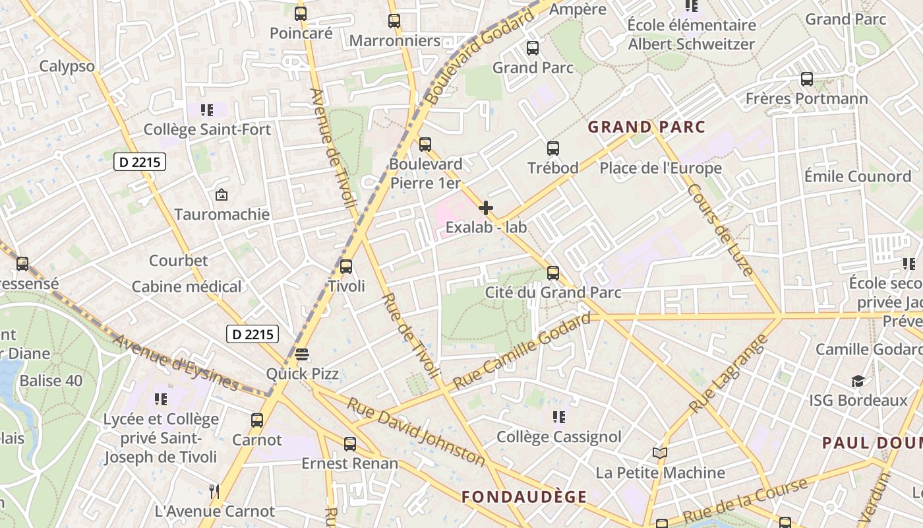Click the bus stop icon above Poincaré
click(301, 13)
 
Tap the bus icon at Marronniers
click(394, 21)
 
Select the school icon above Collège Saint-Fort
click(207, 110)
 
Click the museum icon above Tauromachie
click(222, 195)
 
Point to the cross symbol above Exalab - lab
click(486, 208)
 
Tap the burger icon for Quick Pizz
click(302, 354)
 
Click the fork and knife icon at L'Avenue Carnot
click(214, 492)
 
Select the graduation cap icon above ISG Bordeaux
click(858, 381)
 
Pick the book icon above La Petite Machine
click(660, 453)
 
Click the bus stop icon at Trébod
click(553, 148)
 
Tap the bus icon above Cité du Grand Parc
click(553, 273)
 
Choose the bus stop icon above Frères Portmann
click(806, 79)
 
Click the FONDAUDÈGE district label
click(523, 497)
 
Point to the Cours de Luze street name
click(720, 230)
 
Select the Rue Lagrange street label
click(729, 374)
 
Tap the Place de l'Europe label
click(661, 168)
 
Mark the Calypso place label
click(67, 66)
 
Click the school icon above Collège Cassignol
click(559, 417)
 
